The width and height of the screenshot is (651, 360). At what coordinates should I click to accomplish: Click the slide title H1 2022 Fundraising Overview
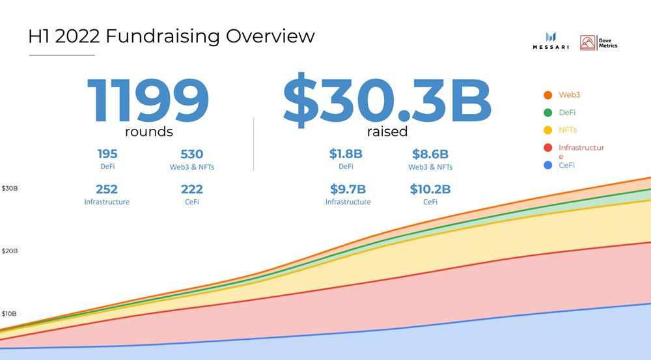click(171, 36)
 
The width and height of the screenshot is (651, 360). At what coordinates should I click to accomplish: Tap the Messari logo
click(550, 41)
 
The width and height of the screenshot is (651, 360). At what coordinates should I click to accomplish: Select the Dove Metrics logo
click(599, 43)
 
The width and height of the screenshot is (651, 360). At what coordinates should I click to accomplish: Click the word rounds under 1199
click(148, 132)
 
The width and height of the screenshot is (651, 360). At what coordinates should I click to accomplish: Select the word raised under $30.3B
click(387, 132)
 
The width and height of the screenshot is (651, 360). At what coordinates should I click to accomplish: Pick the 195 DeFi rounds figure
click(107, 155)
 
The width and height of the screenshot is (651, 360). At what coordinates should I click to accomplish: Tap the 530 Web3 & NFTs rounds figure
click(191, 155)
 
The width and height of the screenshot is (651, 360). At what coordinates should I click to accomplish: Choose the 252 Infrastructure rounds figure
click(107, 189)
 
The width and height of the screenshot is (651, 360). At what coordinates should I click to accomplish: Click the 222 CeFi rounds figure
click(191, 189)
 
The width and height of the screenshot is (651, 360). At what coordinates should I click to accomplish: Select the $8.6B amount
click(430, 155)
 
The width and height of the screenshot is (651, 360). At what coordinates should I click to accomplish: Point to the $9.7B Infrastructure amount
click(348, 189)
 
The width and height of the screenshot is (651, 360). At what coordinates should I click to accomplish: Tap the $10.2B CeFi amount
click(430, 189)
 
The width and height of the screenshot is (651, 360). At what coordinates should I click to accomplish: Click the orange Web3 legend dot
click(547, 96)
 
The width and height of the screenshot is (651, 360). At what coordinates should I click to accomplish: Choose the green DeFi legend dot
click(547, 113)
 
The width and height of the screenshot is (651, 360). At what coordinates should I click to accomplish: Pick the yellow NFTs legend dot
click(547, 131)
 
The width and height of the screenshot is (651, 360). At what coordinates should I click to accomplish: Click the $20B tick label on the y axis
click(10, 251)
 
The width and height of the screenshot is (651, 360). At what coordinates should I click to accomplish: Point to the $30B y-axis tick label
click(10, 189)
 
